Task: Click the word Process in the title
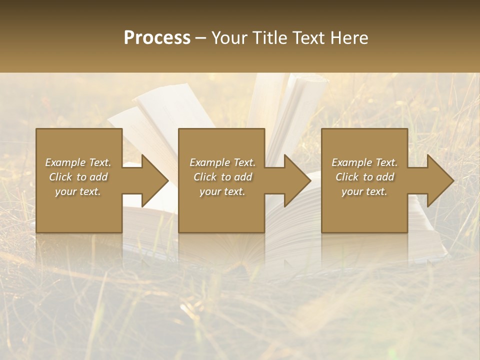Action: click(157, 38)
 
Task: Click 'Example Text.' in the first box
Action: click(78, 162)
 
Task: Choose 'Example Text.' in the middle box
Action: click(222, 162)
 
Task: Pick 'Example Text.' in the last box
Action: click(364, 162)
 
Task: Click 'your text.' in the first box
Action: click(78, 191)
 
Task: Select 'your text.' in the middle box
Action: click(222, 191)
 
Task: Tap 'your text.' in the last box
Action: click(364, 191)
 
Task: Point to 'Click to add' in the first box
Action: click(78, 177)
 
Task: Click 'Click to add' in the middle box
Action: click(222, 177)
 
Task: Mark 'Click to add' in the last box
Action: click(364, 177)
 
